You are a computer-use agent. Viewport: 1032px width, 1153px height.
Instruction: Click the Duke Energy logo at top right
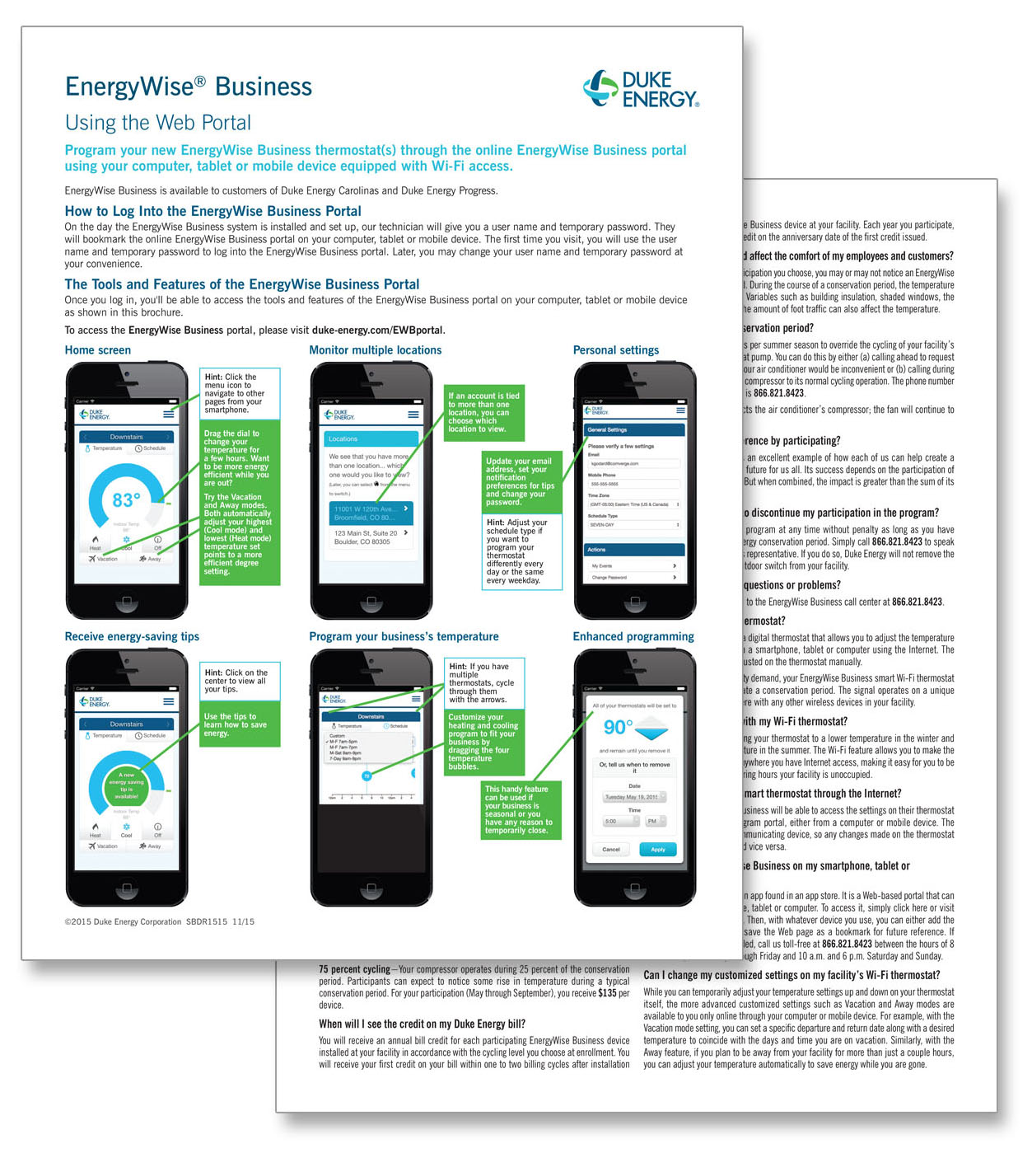click(x=642, y=89)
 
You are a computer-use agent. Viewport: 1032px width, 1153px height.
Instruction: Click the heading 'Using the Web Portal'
click(x=157, y=123)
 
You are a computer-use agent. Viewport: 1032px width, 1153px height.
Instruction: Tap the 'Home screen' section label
click(x=97, y=350)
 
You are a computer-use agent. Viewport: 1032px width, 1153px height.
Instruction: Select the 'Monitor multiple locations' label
click(x=375, y=350)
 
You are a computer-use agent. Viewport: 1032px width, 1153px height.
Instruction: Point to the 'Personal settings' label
click(x=615, y=350)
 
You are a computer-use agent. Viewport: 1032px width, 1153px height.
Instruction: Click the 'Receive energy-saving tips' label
click(x=132, y=636)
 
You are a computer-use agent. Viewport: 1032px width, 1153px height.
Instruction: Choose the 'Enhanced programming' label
click(x=633, y=636)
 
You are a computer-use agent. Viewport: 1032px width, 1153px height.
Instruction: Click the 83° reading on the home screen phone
click(x=126, y=500)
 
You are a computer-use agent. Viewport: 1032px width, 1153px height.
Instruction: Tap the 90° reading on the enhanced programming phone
click(x=618, y=727)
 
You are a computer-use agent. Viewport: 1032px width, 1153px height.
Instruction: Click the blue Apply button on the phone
click(x=657, y=849)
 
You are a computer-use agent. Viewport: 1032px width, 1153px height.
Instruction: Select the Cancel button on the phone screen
click(x=611, y=849)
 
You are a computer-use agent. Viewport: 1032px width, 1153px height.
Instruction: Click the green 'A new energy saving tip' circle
click(x=126, y=785)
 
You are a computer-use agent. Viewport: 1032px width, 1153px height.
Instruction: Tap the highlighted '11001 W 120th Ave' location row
click(x=370, y=513)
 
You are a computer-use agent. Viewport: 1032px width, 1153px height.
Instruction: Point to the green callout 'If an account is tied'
click(x=483, y=412)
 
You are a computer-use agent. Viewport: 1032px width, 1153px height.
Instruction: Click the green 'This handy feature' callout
click(x=520, y=809)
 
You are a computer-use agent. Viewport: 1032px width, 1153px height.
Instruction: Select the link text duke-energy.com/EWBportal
click(x=377, y=330)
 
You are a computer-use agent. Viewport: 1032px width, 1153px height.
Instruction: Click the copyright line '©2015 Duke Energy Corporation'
click(x=124, y=921)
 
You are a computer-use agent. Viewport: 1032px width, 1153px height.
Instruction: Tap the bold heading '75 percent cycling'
click(x=354, y=969)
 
